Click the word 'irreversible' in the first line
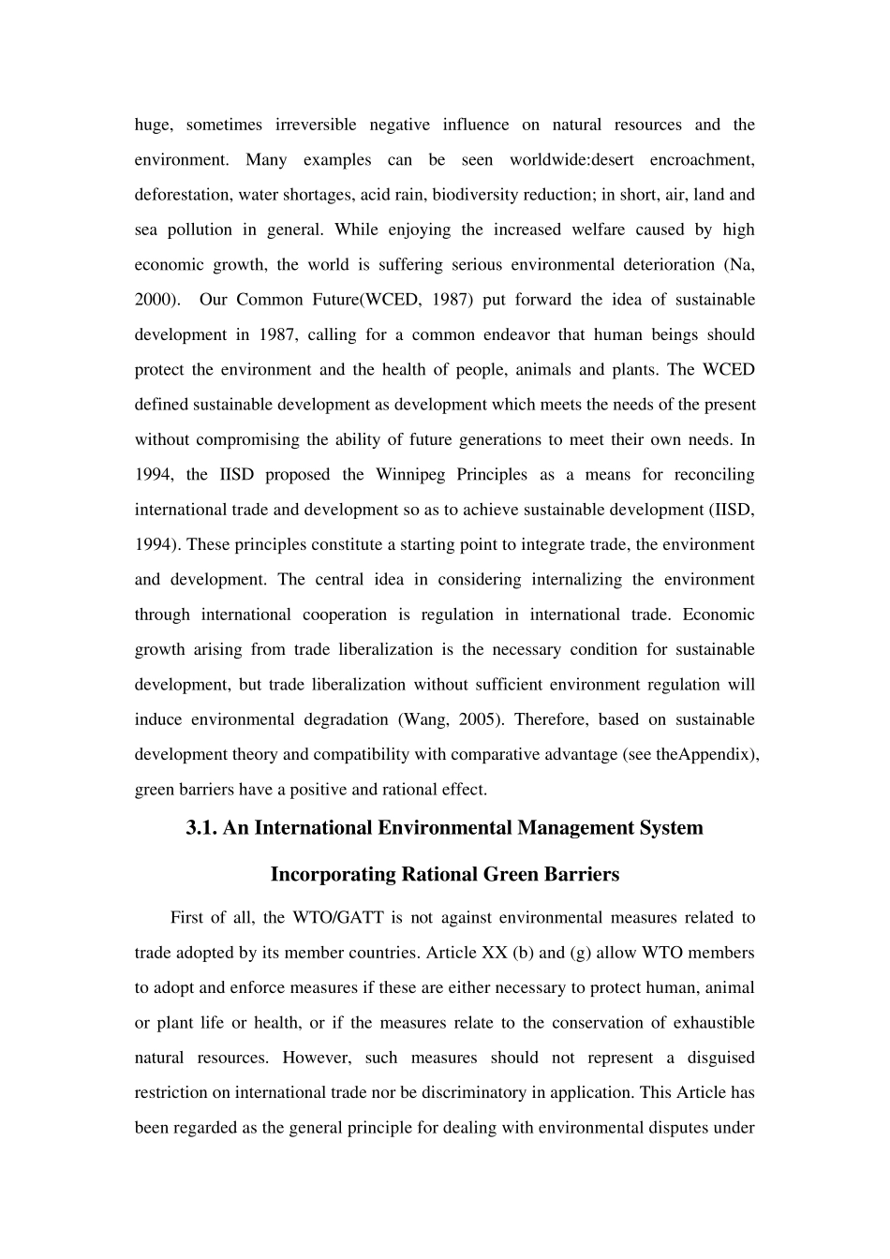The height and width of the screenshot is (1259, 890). tap(316, 125)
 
